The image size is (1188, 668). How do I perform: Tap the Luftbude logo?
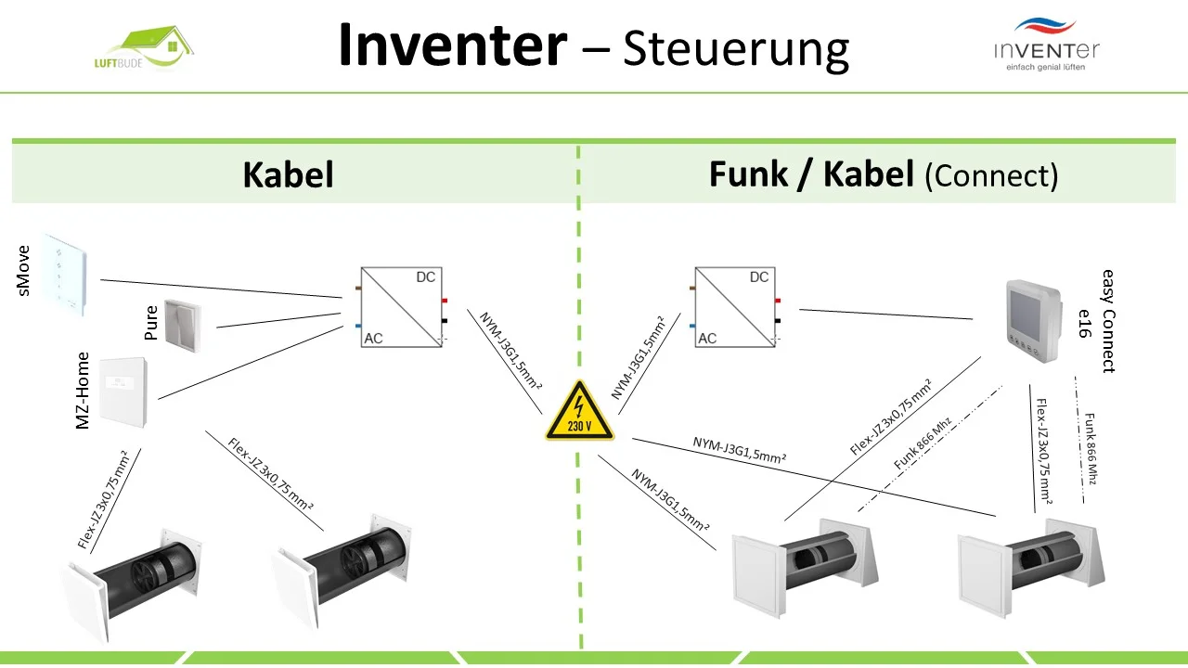(148, 51)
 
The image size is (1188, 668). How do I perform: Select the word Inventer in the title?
(452, 45)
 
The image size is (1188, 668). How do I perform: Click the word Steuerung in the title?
(736, 48)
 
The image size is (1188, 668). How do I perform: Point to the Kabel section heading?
(288, 174)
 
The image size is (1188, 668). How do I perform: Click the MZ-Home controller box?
(123, 393)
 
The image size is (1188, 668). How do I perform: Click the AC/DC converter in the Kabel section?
(400, 308)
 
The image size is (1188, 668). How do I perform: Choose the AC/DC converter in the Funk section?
(734, 308)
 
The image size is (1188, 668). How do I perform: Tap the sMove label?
(23, 270)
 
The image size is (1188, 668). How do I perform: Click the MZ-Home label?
(83, 390)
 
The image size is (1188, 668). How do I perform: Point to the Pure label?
(151, 323)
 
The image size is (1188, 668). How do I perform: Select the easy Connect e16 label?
(1095, 320)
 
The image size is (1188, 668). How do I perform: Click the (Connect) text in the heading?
(991, 175)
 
